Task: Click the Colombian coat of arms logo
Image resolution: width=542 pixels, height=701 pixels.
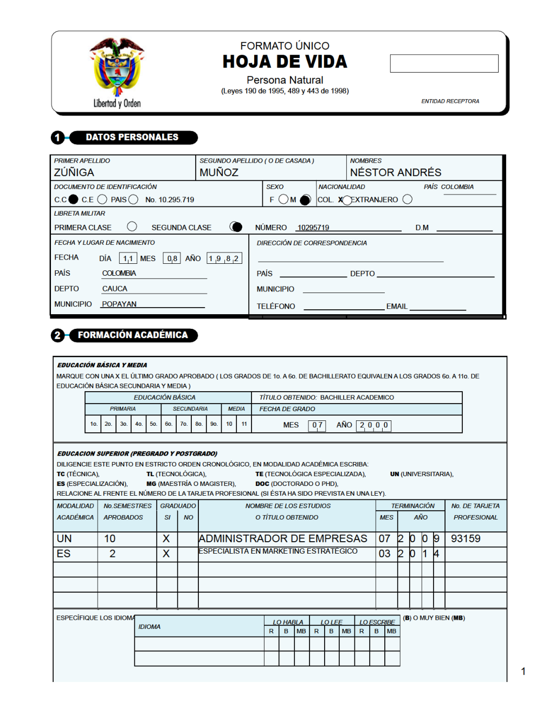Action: [x=117, y=68]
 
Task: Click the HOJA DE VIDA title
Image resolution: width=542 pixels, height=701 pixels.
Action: [x=285, y=62]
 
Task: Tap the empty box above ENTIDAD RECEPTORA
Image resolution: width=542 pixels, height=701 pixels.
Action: [x=444, y=63]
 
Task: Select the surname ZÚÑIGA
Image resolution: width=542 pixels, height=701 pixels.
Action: [x=74, y=172]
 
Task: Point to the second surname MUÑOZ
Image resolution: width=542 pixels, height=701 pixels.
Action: [x=219, y=172]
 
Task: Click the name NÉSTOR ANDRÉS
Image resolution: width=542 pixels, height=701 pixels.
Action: [x=396, y=172]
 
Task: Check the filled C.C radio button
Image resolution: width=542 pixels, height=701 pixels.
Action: [x=74, y=199]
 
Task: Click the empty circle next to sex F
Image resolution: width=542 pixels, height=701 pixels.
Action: [x=283, y=199]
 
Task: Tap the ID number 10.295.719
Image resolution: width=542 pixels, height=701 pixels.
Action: [x=170, y=200]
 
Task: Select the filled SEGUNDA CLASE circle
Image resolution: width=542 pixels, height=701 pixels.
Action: [x=236, y=226]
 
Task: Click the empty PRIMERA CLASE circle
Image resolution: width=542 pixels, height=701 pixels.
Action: [x=132, y=226]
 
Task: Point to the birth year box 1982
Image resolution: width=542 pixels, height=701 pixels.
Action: [x=224, y=258]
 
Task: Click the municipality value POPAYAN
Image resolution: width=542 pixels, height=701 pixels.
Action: [x=119, y=304]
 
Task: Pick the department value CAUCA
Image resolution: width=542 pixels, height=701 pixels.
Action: [x=115, y=289]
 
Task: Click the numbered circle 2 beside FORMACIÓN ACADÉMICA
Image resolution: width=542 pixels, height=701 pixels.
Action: [x=57, y=335]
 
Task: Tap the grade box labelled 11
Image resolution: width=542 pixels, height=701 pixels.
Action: [x=244, y=424]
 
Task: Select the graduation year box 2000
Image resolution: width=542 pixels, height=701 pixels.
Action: [x=374, y=425]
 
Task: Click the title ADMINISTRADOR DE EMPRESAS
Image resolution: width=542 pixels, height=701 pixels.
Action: [x=283, y=538]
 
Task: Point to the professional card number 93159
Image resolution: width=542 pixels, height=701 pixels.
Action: [x=466, y=538]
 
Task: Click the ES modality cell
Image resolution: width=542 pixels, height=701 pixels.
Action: [x=64, y=554]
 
